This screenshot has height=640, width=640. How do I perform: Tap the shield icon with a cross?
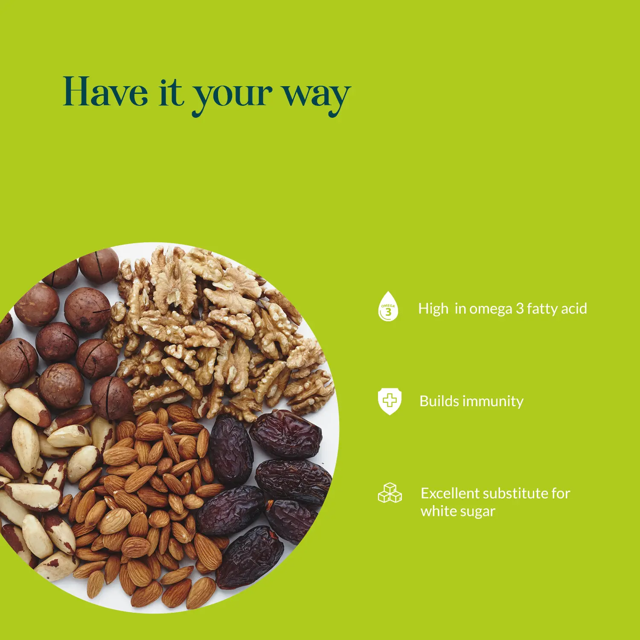coord(389,401)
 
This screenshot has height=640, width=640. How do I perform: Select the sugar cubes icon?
coord(390,493)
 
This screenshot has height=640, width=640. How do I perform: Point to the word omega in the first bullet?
coord(491,309)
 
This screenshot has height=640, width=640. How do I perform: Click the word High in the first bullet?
coord(433,308)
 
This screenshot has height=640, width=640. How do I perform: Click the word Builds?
coord(439,401)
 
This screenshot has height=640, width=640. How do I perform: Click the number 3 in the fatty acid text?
coord(520,308)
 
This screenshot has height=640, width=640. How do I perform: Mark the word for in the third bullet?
coord(561,493)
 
